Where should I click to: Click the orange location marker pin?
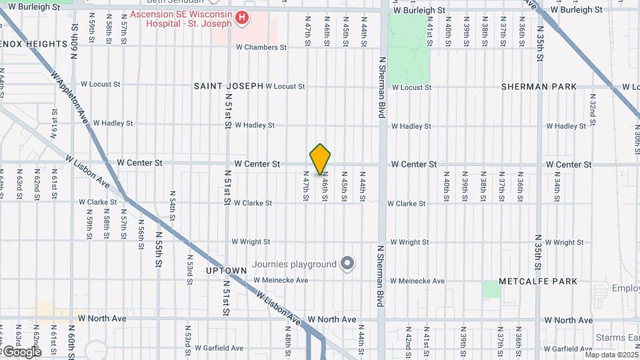(320, 159)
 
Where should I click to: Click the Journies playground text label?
(294, 264)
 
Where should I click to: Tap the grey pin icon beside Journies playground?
(347, 264)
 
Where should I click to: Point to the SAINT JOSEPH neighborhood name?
(229, 86)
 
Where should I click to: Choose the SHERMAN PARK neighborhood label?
(539, 87)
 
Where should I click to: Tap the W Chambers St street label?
(261, 47)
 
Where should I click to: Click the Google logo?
(21, 351)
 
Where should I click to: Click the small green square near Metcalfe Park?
(491, 289)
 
